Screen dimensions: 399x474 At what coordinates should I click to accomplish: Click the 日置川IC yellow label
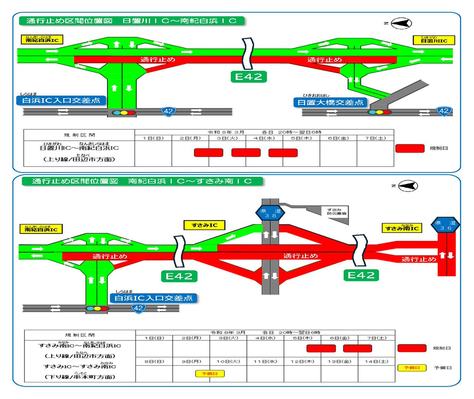(434, 40)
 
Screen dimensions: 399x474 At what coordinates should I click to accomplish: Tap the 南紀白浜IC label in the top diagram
(42, 40)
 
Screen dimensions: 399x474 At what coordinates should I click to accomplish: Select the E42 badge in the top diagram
(248, 77)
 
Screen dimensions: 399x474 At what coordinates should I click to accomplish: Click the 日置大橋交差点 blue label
(330, 102)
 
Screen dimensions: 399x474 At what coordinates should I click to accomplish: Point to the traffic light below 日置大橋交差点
(379, 112)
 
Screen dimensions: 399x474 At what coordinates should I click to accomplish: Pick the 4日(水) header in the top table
(264, 138)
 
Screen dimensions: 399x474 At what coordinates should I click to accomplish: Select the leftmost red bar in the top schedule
(209, 153)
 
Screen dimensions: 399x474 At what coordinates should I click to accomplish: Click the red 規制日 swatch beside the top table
(410, 148)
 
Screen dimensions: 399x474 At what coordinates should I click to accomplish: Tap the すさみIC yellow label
(205, 225)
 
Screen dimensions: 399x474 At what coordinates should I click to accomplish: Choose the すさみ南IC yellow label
(402, 228)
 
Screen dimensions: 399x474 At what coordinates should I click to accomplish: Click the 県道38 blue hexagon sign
(270, 213)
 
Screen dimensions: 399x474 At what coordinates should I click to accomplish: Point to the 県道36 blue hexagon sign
(445, 225)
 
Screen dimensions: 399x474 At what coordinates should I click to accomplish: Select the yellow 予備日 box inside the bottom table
(210, 373)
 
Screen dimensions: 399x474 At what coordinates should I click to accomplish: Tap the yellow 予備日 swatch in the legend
(412, 368)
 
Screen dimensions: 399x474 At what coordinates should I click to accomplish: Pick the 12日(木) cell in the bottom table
(302, 361)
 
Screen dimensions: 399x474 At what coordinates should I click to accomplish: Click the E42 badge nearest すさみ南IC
(361, 275)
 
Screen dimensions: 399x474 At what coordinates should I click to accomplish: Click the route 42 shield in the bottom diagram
(138, 308)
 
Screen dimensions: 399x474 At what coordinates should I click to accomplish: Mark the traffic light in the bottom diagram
(97, 308)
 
